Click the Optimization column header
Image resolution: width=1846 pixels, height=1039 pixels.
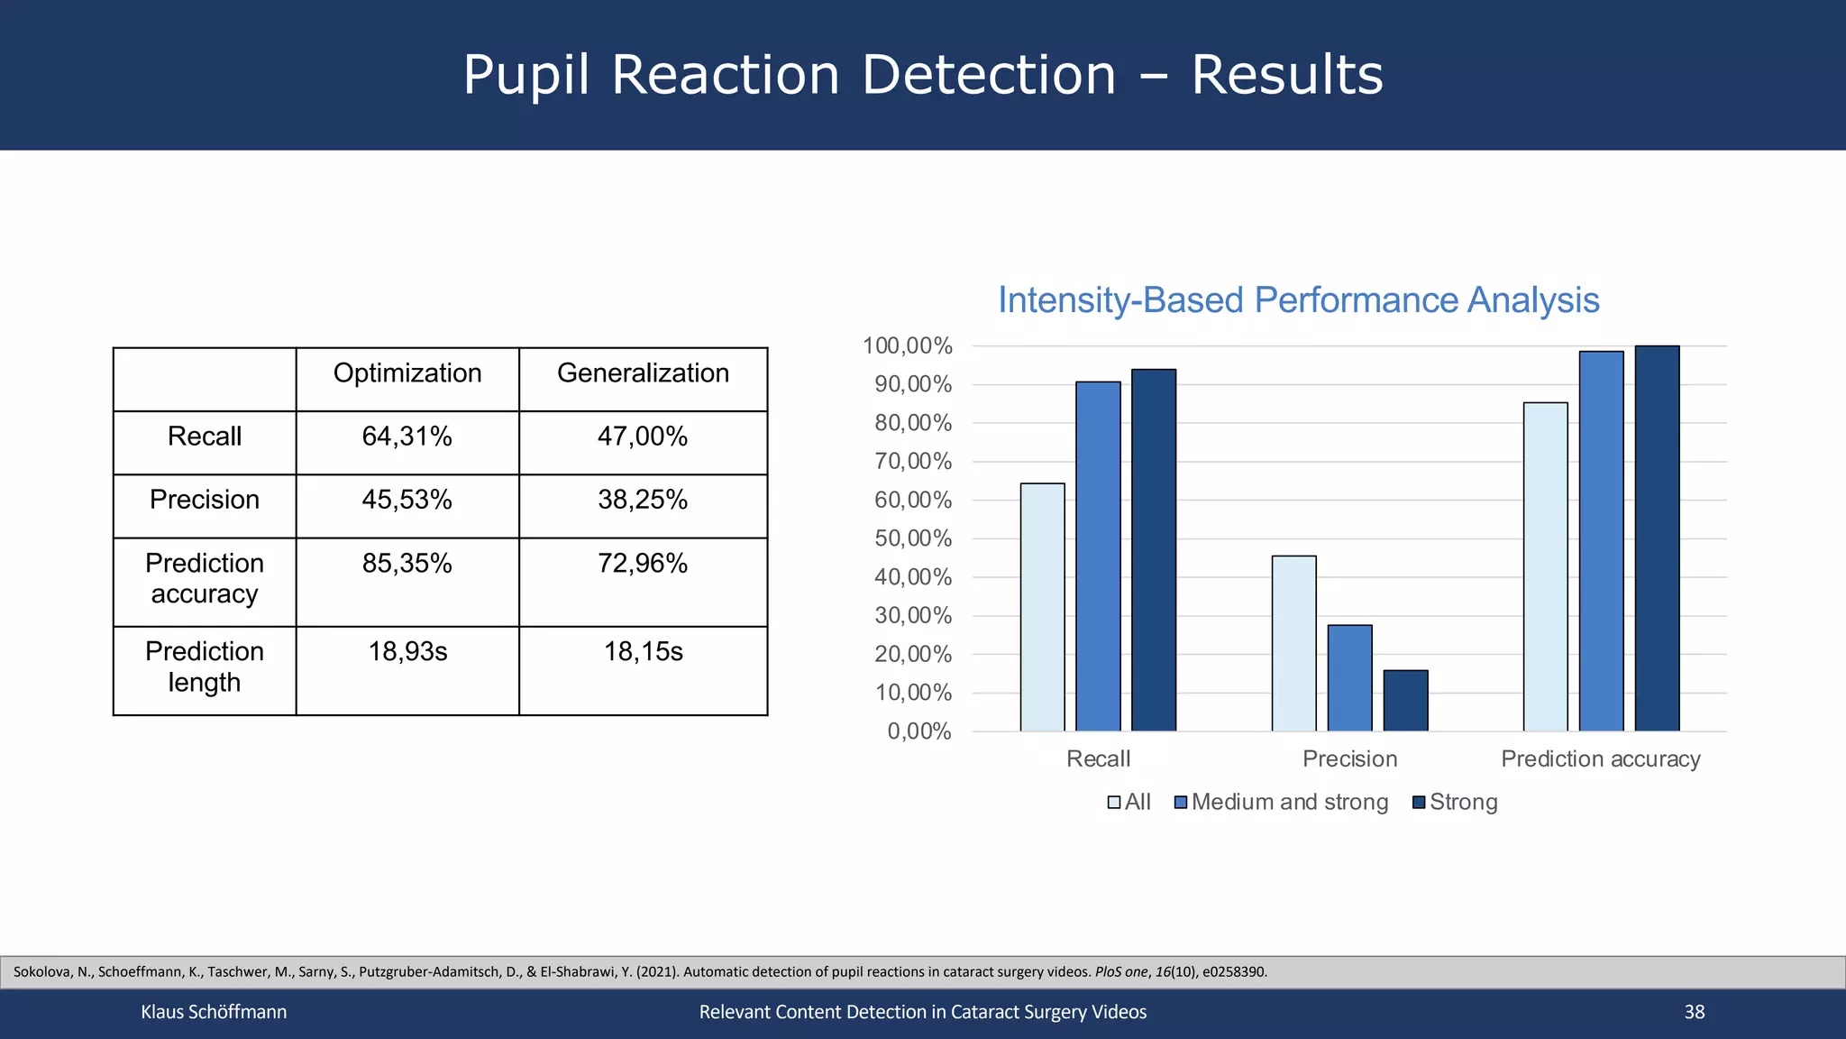[407, 373]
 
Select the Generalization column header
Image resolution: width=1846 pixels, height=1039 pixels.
[643, 373]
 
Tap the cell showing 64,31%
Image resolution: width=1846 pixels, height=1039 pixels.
[407, 437]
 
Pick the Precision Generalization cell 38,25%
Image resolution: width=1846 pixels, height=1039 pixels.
[643, 500]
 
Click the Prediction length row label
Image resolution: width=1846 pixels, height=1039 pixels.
[205, 667]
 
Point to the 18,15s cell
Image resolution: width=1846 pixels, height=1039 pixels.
[643, 651]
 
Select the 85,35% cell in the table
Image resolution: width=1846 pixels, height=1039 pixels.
[407, 564]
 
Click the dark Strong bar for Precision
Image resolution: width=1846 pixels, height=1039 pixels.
[1405, 701]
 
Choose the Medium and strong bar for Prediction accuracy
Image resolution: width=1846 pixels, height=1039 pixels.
[1601, 541]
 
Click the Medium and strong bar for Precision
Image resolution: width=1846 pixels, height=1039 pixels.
[1349, 677]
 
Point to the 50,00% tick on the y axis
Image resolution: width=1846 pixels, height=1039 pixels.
[913, 538]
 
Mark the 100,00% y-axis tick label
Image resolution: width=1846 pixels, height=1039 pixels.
[908, 346]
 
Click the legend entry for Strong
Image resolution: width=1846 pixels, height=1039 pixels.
[1454, 802]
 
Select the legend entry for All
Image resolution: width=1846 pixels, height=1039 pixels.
[1129, 802]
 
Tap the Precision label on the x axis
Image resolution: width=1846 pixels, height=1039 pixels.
[1349, 759]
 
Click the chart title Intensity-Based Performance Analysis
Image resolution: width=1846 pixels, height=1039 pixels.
[1298, 300]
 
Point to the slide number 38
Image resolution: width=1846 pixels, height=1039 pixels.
[1694, 1012]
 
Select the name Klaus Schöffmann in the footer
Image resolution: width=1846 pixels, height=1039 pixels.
[214, 1012]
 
